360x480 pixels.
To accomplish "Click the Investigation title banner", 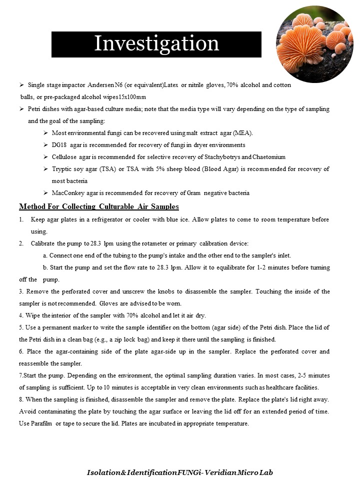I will pos(156,44).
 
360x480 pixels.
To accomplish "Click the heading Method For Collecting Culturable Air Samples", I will pos(99,206).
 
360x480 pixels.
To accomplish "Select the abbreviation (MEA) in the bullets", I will pos(242,133).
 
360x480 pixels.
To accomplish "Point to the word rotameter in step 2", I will pos(156,243).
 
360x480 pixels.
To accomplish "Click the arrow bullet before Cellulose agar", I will pos(45,157).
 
